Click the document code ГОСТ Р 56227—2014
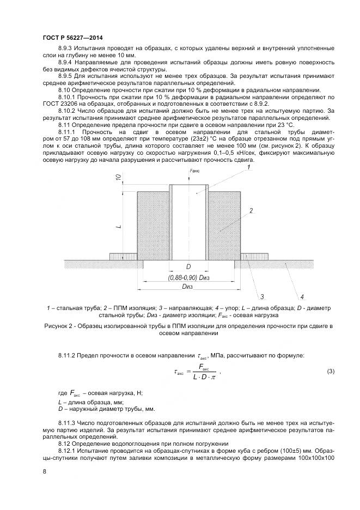click(x=72, y=38)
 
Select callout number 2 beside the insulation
click(x=251, y=210)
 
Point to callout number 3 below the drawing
click(x=262, y=296)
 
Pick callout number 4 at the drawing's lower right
click(x=302, y=296)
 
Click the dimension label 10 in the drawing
click(x=118, y=178)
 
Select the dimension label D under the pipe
click(x=188, y=267)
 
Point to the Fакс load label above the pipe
click(x=194, y=171)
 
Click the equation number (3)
click(x=330, y=372)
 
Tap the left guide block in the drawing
click(x=123, y=256)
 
